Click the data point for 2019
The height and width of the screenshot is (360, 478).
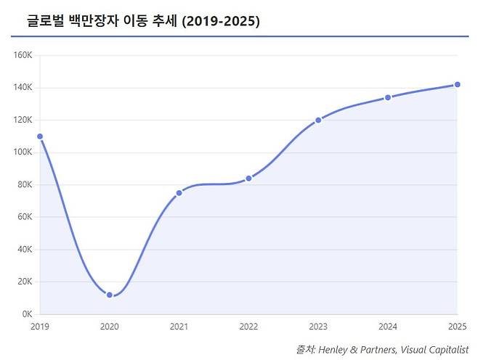click(x=40, y=136)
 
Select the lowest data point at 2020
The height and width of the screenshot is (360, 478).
click(x=110, y=295)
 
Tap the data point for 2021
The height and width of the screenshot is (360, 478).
click(x=179, y=193)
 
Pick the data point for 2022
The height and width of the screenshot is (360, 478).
click(x=248, y=179)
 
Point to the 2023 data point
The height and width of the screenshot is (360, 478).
click(x=318, y=120)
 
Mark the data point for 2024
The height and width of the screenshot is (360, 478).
click(x=388, y=97)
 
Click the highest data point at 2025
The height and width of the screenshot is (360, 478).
click(x=457, y=85)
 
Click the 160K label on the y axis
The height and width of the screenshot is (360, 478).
click(x=23, y=55)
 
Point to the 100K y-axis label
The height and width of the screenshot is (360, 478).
click(x=23, y=152)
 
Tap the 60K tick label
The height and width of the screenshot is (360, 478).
click(x=25, y=217)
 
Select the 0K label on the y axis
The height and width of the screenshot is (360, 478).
click(x=27, y=314)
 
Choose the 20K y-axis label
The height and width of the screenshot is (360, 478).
click(x=25, y=282)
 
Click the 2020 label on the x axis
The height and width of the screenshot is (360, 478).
click(x=110, y=327)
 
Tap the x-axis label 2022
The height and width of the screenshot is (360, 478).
click(x=248, y=327)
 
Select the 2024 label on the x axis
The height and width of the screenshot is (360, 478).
click(x=388, y=327)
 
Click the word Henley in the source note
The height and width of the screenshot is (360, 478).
click(x=336, y=349)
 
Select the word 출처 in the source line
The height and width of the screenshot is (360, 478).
click(x=305, y=349)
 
